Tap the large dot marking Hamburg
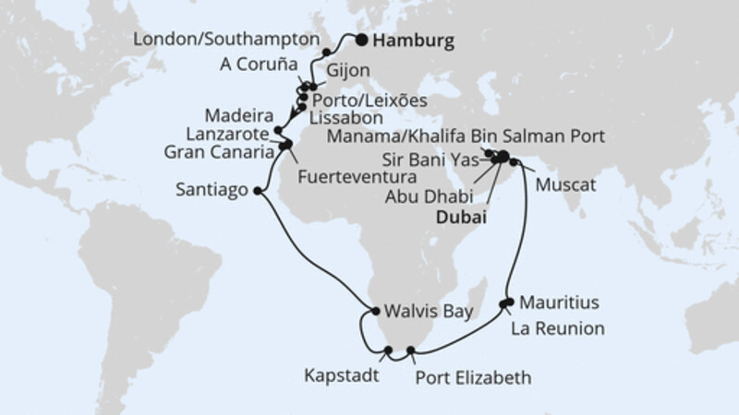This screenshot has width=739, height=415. point(361,39)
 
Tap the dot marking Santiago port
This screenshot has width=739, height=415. point(256,192)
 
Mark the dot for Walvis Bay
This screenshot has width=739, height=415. point(374,311)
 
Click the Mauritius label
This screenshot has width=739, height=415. point(559,302)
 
